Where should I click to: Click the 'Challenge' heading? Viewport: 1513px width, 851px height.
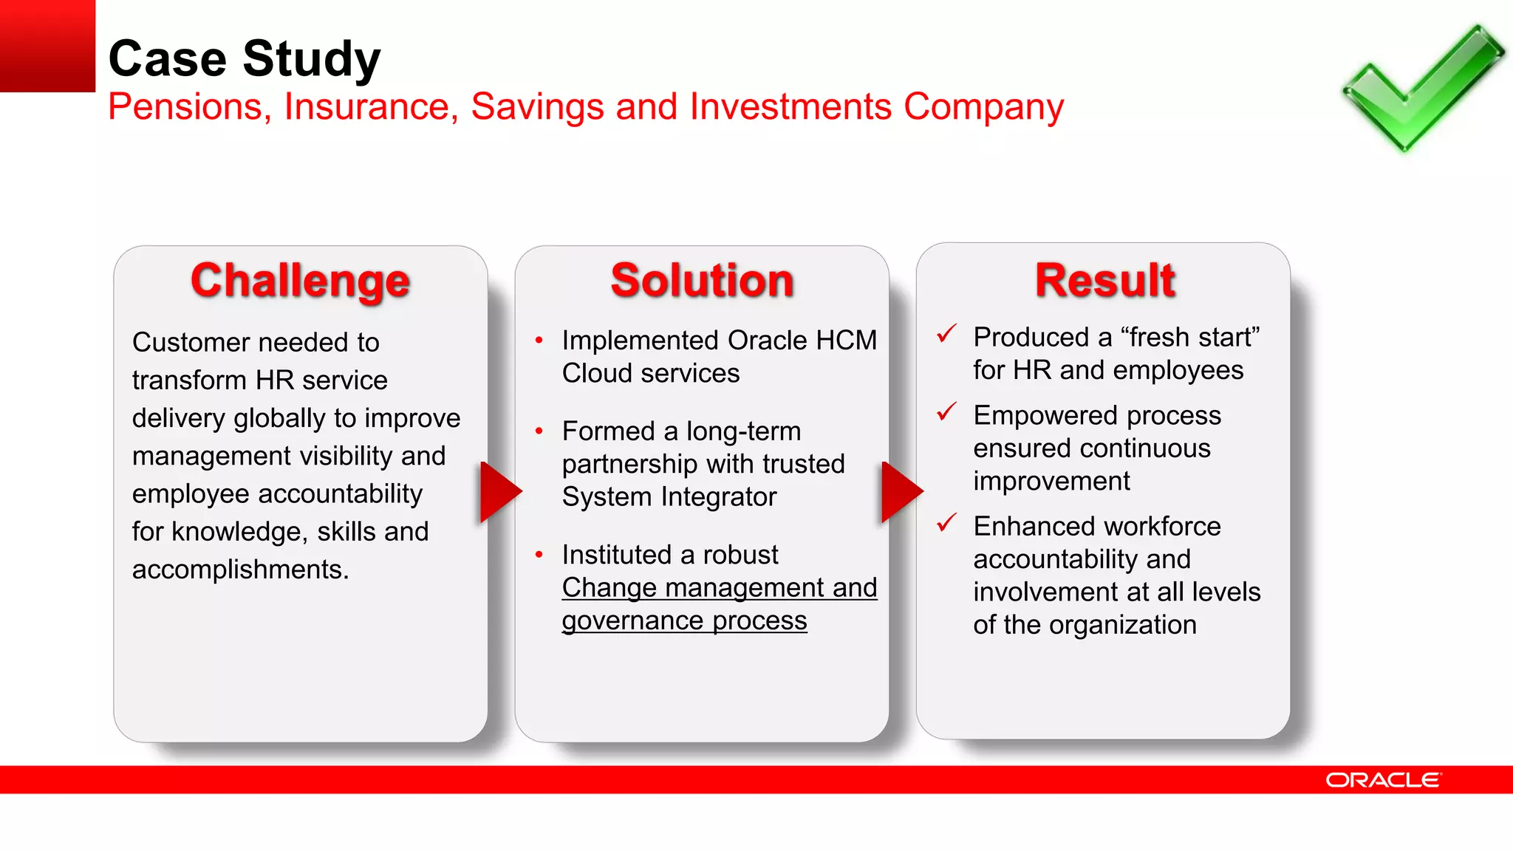pyautogui.click(x=300, y=281)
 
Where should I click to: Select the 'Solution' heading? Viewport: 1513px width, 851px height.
pyautogui.click(x=702, y=281)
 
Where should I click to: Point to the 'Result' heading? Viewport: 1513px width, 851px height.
pyautogui.click(x=1104, y=281)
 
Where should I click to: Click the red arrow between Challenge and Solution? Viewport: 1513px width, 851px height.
pyautogui.click(x=498, y=492)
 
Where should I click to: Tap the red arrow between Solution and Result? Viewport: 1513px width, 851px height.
pyautogui.click(x=899, y=492)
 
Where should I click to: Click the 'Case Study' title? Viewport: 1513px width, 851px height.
pyautogui.click(x=244, y=59)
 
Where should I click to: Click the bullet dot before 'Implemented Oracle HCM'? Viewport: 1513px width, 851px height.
pyautogui.click(x=539, y=341)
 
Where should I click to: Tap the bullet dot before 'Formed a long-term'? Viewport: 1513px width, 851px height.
pyautogui.click(x=539, y=431)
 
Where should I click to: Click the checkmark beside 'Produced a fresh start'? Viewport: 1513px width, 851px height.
pyautogui.click(x=946, y=334)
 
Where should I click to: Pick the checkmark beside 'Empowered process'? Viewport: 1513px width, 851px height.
pyautogui.click(x=946, y=411)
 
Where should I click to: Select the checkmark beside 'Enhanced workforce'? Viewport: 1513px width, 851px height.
pyautogui.click(x=946, y=523)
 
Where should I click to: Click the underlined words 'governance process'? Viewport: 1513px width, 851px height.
pyautogui.click(x=684, y=621)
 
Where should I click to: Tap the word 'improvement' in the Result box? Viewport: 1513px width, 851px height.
pyautogui.click(x=1051, y=482)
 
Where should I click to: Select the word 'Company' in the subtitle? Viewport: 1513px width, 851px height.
pyautogui.click(x=983, y=107)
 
